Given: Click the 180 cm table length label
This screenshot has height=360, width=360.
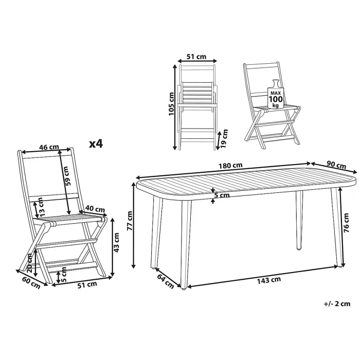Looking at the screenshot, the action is [230, 165].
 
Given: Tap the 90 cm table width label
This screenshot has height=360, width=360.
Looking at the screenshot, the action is [336, 165].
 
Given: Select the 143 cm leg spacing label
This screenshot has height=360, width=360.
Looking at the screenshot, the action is [269, 280].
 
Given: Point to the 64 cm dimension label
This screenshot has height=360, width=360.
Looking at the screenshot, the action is [166, 281].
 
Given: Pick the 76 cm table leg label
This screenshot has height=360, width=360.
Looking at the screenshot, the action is [347, 223].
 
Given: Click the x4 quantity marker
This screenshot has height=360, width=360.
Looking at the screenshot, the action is [96, 144].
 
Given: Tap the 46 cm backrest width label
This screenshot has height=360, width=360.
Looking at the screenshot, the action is [49, 147].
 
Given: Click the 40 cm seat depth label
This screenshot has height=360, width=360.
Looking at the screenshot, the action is [95, 209].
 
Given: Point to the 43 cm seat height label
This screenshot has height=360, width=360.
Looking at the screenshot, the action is [117, 242].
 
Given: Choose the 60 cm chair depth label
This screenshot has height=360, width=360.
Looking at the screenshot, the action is [31, 283].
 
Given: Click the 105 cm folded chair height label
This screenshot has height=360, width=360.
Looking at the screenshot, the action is [171, 104].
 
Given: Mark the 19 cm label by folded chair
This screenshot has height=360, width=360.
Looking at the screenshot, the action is [224, 138].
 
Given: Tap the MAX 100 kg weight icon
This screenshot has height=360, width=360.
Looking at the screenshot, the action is [275, 94].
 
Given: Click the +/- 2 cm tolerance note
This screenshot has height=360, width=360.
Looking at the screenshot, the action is [337, 304].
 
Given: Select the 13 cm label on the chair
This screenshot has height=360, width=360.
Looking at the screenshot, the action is [41, 206].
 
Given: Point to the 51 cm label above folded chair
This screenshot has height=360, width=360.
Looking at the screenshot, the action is [196, 57].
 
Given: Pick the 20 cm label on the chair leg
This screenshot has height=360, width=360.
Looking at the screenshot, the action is [30, 263].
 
